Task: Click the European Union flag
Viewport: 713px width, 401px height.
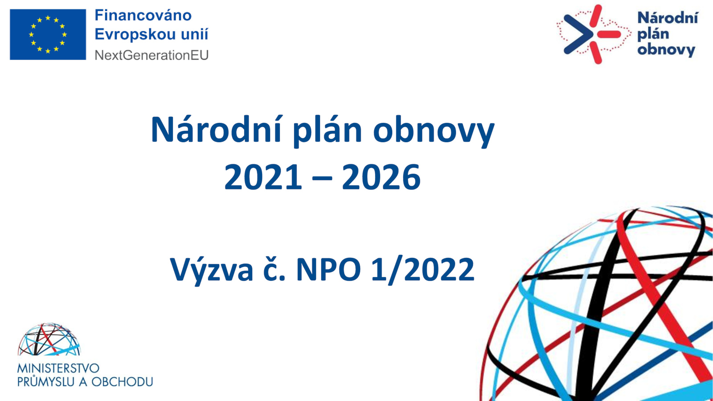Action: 48,34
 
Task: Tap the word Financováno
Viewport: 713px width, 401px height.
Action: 143,15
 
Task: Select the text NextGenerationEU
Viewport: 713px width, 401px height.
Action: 152,55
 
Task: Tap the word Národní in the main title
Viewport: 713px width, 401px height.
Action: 216,130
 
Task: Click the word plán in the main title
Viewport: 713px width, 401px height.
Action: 327,131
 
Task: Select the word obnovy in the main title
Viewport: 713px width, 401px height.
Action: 434,131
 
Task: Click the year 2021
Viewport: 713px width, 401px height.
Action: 263,177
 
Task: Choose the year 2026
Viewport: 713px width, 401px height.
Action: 381,177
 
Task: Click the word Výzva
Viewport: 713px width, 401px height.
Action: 212,269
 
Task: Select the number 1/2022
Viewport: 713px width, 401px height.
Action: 423,269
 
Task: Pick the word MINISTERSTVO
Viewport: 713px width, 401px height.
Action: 58,368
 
